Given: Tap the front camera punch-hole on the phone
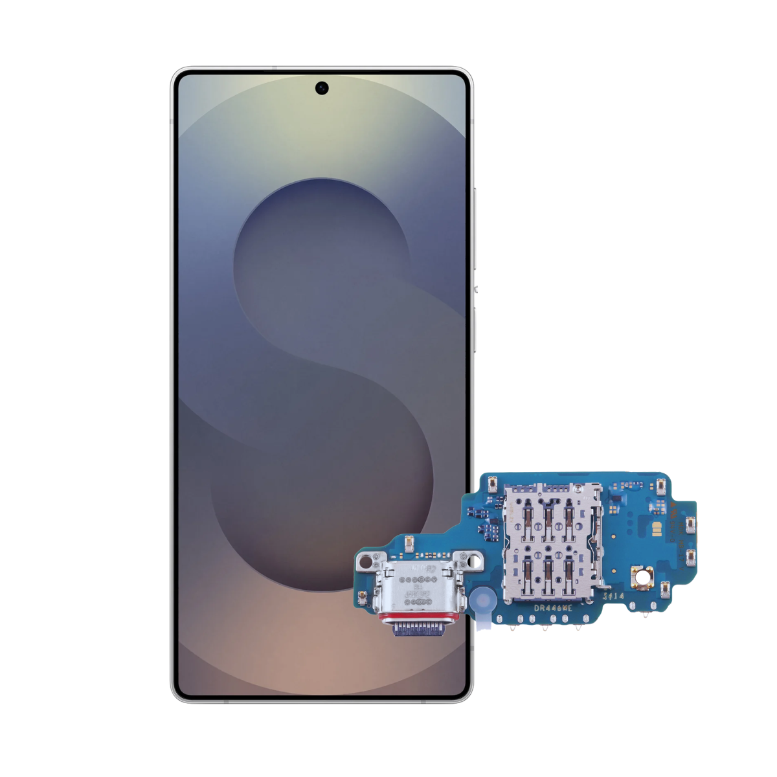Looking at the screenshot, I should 322,88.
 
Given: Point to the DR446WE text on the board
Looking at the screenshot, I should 553,608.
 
